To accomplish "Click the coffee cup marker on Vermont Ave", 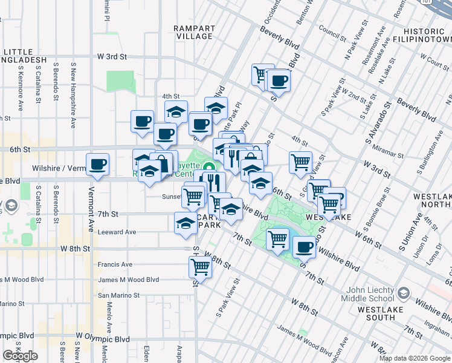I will click(x=97, y=165).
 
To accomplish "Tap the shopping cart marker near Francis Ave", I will click(x=200, y=266).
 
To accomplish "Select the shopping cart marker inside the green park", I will click(x=277, y=238).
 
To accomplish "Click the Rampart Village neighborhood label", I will click(x=193, y=32).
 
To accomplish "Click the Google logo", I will click(x=21, y=356).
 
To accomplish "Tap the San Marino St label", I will click(x=119, y=296).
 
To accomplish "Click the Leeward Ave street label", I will click(x=117, y=232).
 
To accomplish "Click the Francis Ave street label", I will click(x=115, y=264).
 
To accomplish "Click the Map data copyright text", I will click(x=415, y=358).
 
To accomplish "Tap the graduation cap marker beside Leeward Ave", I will click(x=186, y=223).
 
